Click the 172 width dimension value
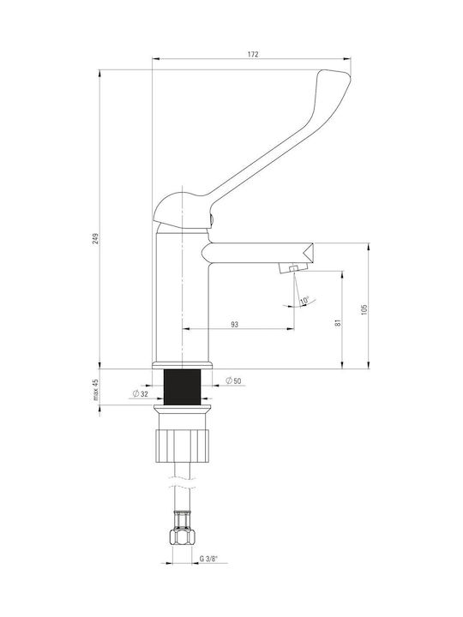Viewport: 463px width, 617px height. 253,54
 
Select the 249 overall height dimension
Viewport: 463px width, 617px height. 96,238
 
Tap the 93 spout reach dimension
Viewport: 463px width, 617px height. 235,325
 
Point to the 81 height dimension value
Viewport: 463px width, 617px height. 338,323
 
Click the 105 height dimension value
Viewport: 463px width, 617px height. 364,309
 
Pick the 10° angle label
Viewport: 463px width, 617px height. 304,302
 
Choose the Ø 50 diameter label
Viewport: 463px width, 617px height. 233,380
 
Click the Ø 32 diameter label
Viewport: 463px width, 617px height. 141,393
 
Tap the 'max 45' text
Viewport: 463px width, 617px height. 96,390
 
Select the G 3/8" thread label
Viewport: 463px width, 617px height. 208,558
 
